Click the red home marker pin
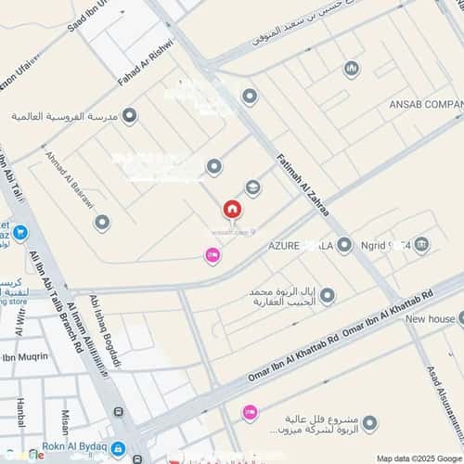(x=229, y=211)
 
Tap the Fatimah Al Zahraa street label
(x=303, y=187)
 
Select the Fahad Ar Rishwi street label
(x=147, y=66)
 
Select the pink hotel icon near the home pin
(x=213, y=255)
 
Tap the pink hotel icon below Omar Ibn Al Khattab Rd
(x=249, y=412)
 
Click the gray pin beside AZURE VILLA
(x=344, y=245)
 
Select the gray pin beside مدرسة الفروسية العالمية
(x=129, y=116)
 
